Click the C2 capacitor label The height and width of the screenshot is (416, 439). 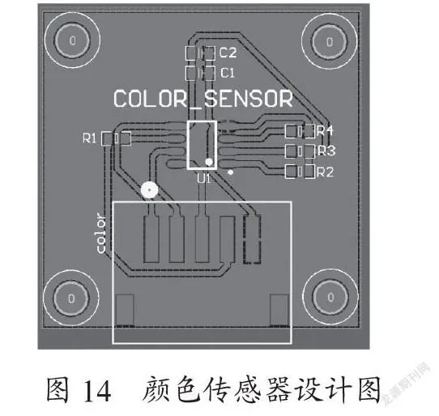coord(228,53)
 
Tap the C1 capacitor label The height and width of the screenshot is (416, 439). coord(228,73)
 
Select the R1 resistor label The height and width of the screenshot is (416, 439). coord(90,138)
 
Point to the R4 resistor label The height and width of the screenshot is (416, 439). coord(325,130)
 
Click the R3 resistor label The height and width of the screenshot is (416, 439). coord(326,151)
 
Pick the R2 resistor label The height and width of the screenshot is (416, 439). coord(326,172)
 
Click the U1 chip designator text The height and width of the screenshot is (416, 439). coord(203,178)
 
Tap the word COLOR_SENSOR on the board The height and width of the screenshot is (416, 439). coord(203,99)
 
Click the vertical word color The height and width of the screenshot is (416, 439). coord(100,233)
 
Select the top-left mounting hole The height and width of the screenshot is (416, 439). coord(73,40)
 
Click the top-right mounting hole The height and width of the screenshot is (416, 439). coord(330,42)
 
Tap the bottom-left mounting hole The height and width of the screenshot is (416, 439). coord(71,298)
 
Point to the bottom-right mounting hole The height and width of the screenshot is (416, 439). coord(330,297)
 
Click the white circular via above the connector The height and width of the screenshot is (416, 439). coord(150,190)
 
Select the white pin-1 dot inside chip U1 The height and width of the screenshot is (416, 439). coord(209,162)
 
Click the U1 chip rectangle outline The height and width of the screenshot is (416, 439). coord(188,145)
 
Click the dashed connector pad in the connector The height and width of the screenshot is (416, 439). coord(252,240)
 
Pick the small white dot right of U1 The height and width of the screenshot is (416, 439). coord(230,172)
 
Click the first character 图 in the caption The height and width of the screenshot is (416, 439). coord(58,390)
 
